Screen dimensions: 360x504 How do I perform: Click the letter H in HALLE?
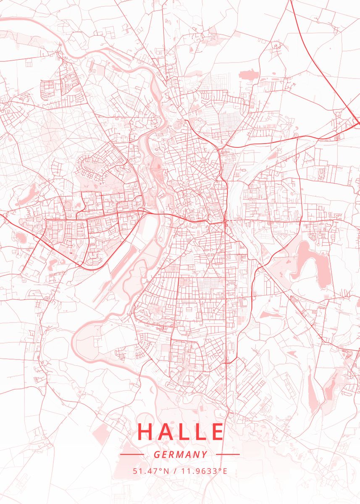click(x=145, y=431)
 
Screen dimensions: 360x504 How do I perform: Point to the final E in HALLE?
click(x=217, y=431)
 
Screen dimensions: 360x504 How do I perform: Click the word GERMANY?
click(x=180, y=454)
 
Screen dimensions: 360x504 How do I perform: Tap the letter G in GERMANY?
click(x=156, y=454)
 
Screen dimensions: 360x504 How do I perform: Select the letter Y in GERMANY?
click(x=205, y=454)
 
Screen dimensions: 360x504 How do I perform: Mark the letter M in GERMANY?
click(x=181, y=454)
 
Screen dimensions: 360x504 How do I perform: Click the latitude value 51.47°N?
click(x=151, y=471)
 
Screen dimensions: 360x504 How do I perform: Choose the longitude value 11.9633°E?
click(x=204, y=471)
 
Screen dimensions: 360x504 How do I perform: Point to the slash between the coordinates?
click(x=175, y=471)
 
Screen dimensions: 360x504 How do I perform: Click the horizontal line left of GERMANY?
click(x=132, y=454)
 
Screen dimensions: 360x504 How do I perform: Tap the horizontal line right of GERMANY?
click(x=228, y=454)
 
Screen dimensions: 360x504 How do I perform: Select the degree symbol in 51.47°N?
click(x=160, y=469)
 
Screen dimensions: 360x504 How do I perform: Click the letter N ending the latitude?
click(x=166, y=471)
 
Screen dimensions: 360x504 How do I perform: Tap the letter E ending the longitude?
click(x=225, y=471)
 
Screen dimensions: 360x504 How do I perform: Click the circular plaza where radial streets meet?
click(x=204, y=160)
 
